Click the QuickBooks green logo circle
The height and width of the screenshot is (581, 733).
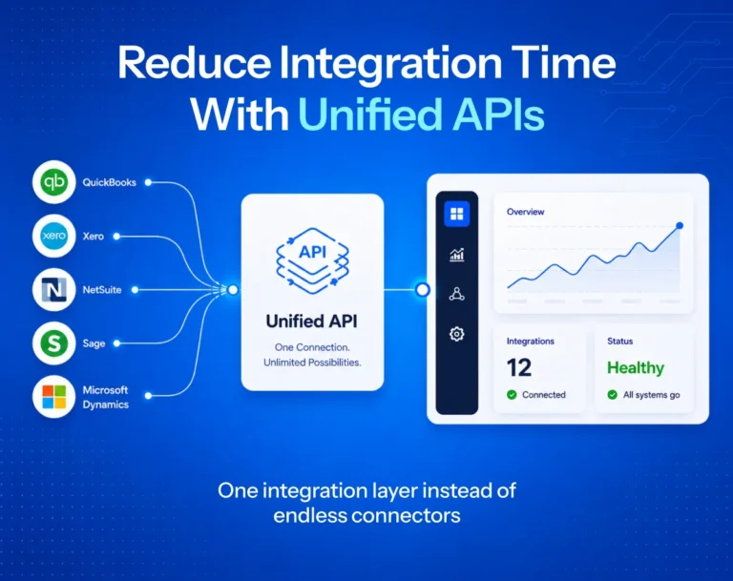(53, 182)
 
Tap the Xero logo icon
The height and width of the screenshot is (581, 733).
(53, 236)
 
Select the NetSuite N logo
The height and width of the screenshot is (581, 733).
(53, 289)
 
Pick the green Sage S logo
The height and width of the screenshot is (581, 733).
(53, 343)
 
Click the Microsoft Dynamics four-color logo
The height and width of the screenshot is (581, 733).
(53, 397)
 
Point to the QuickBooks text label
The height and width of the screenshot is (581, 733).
(110, 182)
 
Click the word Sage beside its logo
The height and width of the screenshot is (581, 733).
(94, 343)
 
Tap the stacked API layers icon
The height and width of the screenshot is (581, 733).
(312, 260)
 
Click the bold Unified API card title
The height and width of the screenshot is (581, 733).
(312, 322)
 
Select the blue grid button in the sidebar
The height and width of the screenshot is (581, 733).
(457, 214)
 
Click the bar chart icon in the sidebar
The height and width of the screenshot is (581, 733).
(457, 255)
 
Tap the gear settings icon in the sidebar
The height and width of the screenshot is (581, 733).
(457, 334)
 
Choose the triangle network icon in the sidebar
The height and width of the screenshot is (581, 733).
(457, 294)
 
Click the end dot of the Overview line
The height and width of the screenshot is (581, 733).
(680, 226)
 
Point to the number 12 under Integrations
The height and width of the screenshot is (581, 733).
(519, 368)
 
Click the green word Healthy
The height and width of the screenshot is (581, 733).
(636, 368)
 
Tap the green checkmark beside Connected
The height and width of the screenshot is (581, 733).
(512, 395)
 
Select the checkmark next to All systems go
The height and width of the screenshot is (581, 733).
(613, 395)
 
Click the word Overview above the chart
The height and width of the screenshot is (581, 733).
(526, 212)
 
